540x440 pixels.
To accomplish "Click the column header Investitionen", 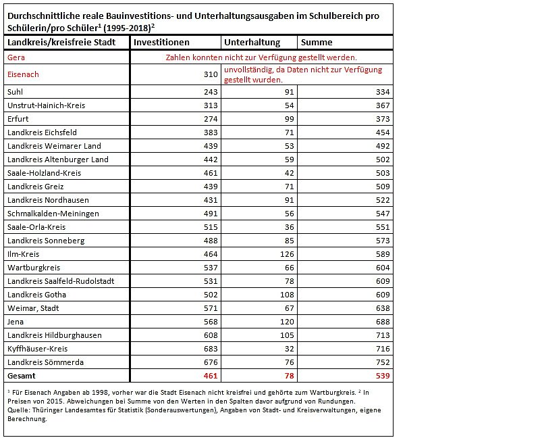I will (x=160, y=43).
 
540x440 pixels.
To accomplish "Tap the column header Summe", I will (x=318, y=43).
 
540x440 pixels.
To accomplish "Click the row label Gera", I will (x=16, y=58).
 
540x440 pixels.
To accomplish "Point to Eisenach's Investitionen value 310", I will (x=210, y=74).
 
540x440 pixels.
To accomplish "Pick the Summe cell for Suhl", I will (x=381, y=92).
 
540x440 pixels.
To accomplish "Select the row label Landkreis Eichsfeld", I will (x=41, y=132).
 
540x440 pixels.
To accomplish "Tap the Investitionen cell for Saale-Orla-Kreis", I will (x=210, y=227).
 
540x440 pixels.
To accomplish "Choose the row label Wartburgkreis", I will (x=33, y=268).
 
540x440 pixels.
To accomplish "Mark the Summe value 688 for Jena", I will (x=381, y=322).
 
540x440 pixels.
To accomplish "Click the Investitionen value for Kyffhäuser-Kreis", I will (x=210, y=349).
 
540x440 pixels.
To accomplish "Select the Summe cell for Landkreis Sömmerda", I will (x=381, y=362).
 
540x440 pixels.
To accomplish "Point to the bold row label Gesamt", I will (x=22, y=375).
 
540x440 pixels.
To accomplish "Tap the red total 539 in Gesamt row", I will (x=381, y=375).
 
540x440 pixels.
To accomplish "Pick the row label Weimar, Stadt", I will (x=33, y=308).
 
